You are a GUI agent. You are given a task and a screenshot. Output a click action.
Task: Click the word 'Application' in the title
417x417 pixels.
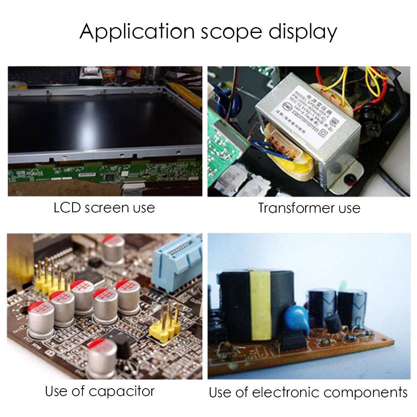[137, 32]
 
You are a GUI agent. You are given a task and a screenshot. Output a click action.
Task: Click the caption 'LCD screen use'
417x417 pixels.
[104, 207]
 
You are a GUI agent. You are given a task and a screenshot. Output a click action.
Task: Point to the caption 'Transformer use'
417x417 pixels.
[309, 207]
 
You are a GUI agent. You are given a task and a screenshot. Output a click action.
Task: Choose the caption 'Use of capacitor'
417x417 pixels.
[100, 391]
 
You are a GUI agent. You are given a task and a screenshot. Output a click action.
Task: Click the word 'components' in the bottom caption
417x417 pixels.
[366, 392]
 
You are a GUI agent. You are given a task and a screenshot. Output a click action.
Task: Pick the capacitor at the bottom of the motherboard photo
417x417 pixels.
[102, 359]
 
